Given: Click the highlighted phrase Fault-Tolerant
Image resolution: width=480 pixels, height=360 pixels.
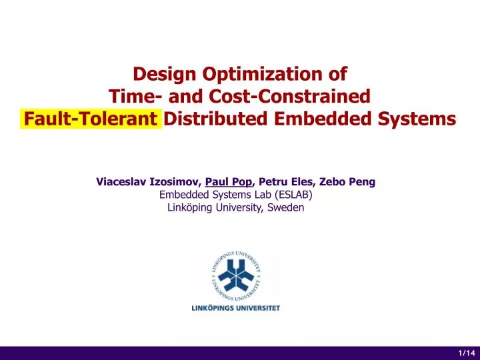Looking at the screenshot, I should pos(91,120).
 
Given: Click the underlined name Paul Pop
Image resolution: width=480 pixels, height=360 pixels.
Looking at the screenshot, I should pos(229,181).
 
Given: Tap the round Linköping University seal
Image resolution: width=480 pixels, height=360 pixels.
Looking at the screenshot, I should pos(233,275).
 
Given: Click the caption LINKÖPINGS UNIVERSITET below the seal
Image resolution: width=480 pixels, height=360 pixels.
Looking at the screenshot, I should pos(233,308).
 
